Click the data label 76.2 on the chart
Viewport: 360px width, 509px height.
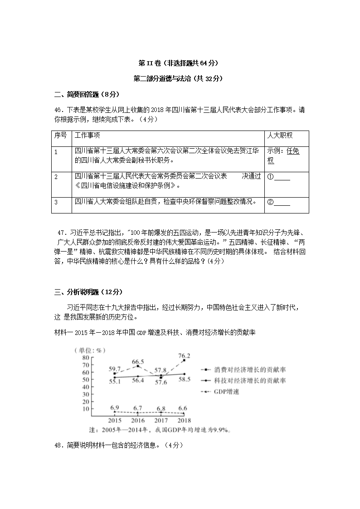pos(184,356)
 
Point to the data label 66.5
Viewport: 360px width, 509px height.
pos(138,362)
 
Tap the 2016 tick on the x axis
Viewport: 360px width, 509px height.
pos(138,421)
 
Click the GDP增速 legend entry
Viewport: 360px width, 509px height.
pos(226,392)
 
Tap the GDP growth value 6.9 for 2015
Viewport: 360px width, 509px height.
pos(115,407)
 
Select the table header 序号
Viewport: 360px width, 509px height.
pos(60,136)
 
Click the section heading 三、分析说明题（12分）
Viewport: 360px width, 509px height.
pos(88,291)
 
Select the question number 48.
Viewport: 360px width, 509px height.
pos(58,445)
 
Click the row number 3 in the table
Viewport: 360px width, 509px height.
pos(56,202)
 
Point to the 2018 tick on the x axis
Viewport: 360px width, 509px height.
pos(184,421)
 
